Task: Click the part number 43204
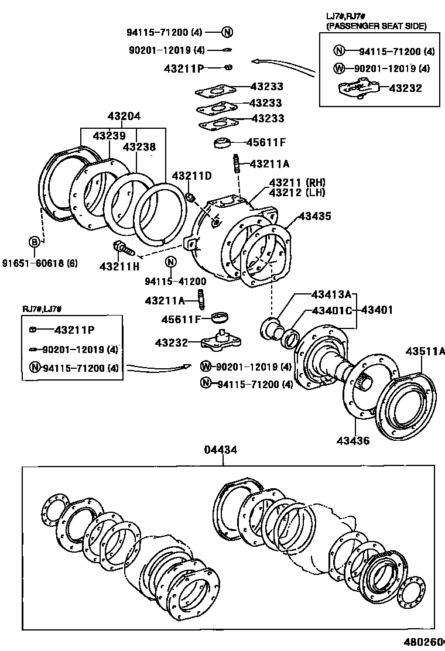(124, 117)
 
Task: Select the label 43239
(109, 135)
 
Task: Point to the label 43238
(139, 147)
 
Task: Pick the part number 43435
(314, 216)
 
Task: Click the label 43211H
(119, 266)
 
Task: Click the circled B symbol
(35, 242)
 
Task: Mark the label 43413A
(331, 294)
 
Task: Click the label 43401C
(331, 310)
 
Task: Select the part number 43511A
(425, 351)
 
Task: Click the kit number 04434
(221, 450)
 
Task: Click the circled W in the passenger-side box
(338, 68)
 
